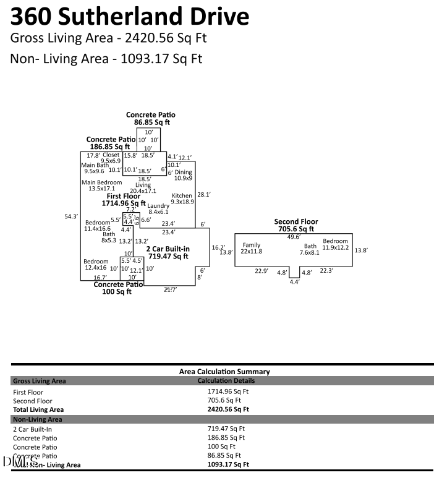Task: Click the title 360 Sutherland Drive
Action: [130, 16]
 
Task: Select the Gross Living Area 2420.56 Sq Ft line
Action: [108, 38]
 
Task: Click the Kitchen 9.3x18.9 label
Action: [182, 199]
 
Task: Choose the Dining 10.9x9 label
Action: [183, 176]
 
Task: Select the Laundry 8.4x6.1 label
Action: [158, 209]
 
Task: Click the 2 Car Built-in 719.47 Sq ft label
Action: [167, 252]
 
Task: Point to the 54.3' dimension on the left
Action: [71, 216]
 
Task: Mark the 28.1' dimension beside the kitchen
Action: [204, 194]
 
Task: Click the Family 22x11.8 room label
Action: [252, 248]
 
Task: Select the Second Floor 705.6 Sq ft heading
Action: [295, 225]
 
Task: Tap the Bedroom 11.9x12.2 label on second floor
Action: [336, 244]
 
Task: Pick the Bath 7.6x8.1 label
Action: [310, 249]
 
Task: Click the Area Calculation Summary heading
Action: [224, 372]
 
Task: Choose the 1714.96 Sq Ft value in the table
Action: [227, 391]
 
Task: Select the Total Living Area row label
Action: [38, 409]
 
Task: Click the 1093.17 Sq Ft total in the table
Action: [227, 464]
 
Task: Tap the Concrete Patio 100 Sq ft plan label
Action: [117, 288]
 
